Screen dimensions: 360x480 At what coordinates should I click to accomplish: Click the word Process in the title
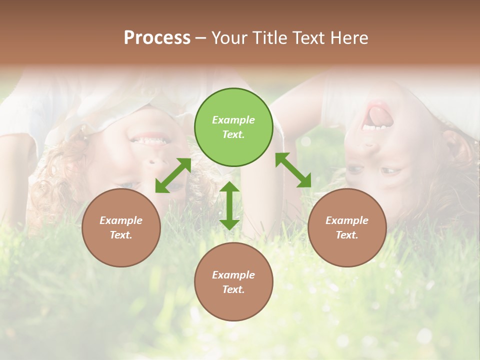tap(157, 38)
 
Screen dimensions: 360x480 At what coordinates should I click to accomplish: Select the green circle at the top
tap(233, 127)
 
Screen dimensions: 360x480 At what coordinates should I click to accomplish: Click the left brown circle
tap(121, 227)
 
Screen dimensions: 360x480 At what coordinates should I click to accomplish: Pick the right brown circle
tap(347, 227)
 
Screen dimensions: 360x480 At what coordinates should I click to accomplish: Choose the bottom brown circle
tap(233, 282)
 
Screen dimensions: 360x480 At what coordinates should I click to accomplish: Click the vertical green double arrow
tap(229, 205)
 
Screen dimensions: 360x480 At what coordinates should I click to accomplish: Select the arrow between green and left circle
tap(173, 175)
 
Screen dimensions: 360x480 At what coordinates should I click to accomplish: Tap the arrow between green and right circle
tap(293, 170)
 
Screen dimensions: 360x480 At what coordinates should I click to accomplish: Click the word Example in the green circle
tap(233, 120)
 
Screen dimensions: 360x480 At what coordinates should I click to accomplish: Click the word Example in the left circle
tap(121, 220)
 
